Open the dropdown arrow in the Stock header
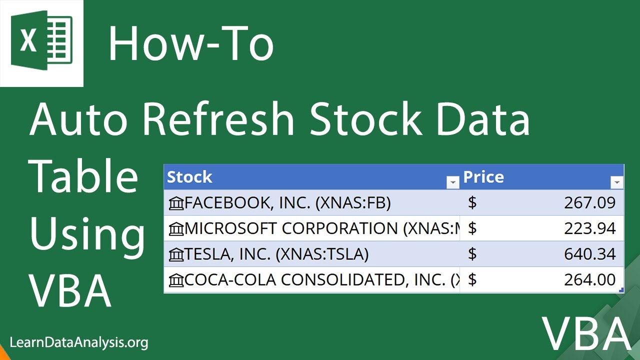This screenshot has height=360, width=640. pyautogui.click(x=452, y=183)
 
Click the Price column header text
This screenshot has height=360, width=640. pyautogui.click(x=483, y=177)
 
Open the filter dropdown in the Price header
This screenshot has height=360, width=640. pyautogui.click(x=617, y=183)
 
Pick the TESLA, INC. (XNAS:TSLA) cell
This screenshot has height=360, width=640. pyautogui.click(x=276, y=254)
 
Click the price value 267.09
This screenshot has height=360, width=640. pyautogui.click(x=589, y=203)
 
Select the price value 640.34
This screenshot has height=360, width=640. pyautogui.click(x=589, y=254)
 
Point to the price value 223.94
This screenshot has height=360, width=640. pyautogui.click(x=589, y=228)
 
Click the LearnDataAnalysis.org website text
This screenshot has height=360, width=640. pyautogui.click(x=79, y=342)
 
